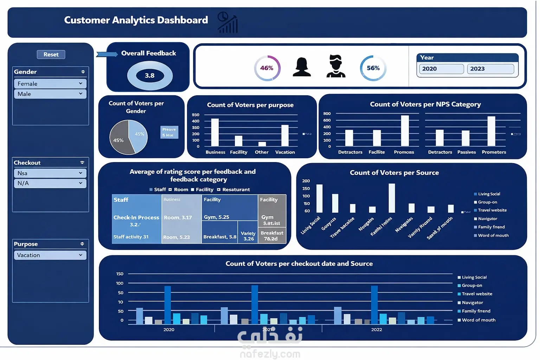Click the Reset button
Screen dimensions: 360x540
click(x=51, y=54)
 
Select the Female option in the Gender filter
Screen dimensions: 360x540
click(x=50, y=84)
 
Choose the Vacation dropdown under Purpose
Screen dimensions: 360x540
click(x=50, y=255)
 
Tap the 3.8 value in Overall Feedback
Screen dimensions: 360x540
click(x=149, y=76)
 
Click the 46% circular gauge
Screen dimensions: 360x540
click(x=267, y=68)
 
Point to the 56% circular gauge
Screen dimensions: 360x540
click(x=373, y=68)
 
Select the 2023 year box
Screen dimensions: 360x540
click(x=490, y=69)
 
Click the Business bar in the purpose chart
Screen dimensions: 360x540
click(x=215, y=132)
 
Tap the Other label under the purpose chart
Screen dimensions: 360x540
click(x=262, y=152)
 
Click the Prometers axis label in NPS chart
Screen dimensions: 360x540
click(x=494, y=152)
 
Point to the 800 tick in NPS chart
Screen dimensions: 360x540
click(x=327, y=114)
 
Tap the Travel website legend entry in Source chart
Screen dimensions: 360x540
click(x=492, y=210)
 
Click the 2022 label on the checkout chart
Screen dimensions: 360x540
click(x=377, y=330)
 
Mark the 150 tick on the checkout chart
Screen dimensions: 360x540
click(x=120, y=274)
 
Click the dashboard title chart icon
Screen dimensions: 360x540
click(x=228, y=22)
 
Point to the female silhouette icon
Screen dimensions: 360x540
click(x=302, y=67)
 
